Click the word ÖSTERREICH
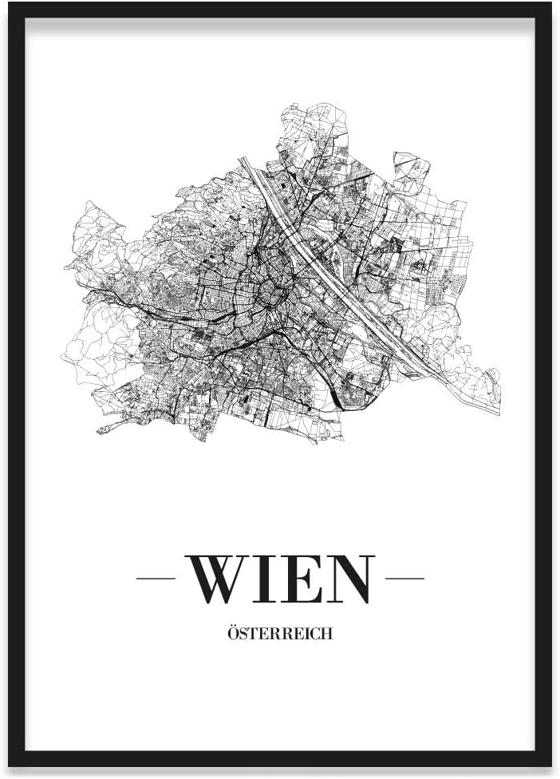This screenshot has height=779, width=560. [280, 635]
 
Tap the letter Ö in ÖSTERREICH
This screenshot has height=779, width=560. [233, 635]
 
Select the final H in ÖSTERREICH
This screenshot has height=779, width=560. [327, 635]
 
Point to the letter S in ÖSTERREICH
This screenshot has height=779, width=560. [243, 635]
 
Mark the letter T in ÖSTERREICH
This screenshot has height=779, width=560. [253, 635]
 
